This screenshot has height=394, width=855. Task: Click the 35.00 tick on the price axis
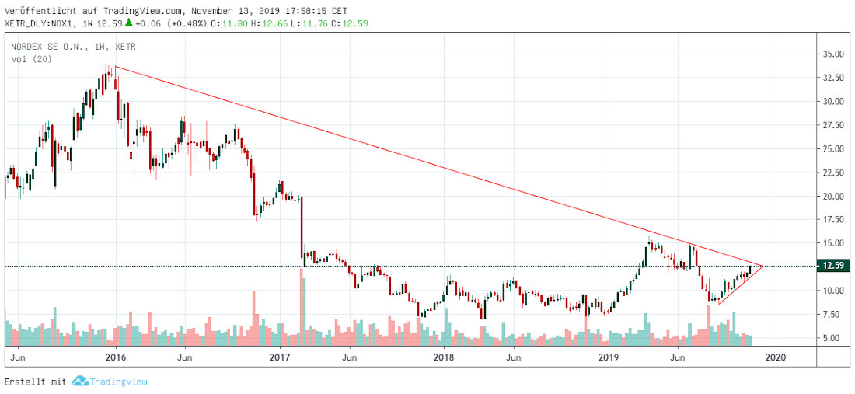click(x=833, y=54)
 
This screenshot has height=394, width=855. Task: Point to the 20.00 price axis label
click(x=833, y=196)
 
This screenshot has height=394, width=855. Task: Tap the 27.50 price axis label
click(x=833, y=125)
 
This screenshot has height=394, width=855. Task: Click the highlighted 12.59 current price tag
click(x=833, y=266)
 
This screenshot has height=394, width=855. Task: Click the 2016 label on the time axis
click(x=115, y=357)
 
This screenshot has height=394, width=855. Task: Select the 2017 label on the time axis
click(x=279, y=357)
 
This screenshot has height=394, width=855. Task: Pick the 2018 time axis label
click(x=444, y=357)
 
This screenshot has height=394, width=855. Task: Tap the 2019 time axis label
click(x=609, y=357)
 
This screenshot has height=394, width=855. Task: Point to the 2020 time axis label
click(x=773, y=357)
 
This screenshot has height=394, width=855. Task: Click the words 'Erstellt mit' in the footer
click(x=36, y=382)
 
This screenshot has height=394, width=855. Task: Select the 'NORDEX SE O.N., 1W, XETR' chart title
click(x=73, y=47)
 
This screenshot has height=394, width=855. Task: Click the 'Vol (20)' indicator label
click(x=32, y=58)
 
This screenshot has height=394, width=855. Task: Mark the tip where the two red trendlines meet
click(x=763, y=266)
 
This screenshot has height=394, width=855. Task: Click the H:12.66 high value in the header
click(x=274, y=23)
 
